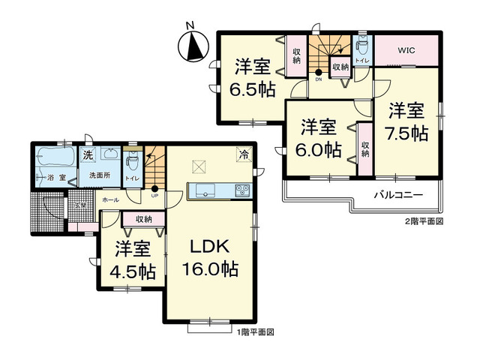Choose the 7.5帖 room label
408,123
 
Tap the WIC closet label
406,51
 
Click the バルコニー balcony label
399,195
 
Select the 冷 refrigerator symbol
244,154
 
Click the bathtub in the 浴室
55,158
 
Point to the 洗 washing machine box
88,155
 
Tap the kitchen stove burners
242,190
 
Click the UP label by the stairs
154,196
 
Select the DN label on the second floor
318,79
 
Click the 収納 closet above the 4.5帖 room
143,219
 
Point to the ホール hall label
109,200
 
